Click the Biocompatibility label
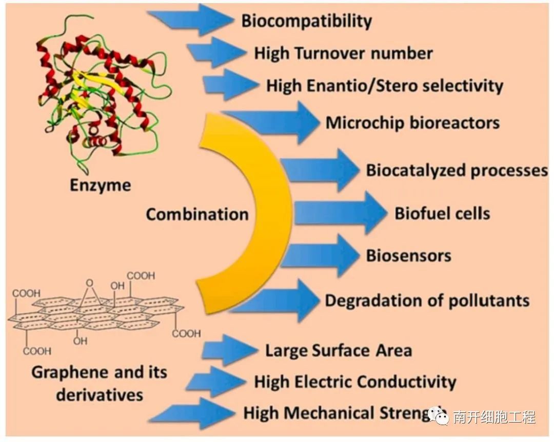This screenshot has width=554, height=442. click(x=306, y=21)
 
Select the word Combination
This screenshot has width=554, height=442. click(x=197, y=214)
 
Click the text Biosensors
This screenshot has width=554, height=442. click(x=408, y=255)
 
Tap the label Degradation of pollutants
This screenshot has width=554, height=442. click(x=427, y=300)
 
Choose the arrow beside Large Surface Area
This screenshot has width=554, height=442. click(x=228, y=351)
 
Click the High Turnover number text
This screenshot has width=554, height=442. click(x=343, y=53)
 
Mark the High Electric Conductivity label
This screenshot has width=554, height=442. click(x=355, y=381)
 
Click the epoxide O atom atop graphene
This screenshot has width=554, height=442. click(x=90, y=282)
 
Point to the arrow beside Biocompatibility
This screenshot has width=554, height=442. click(x=192, y=19)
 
